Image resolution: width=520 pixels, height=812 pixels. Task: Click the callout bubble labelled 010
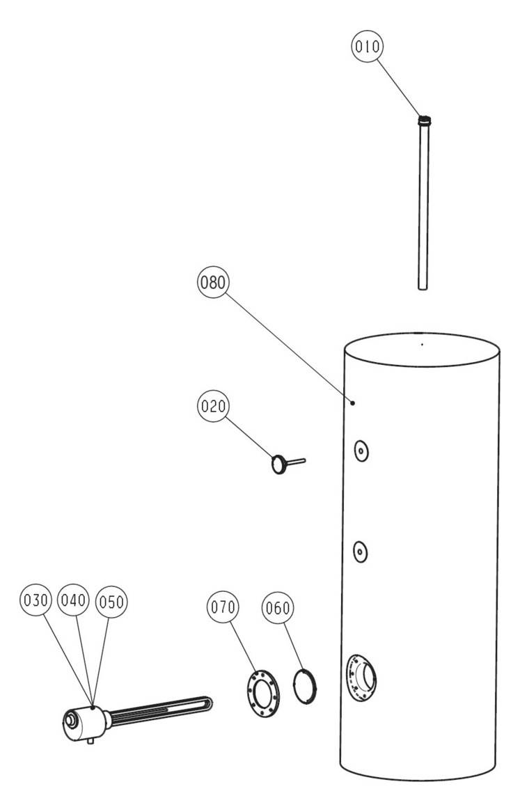[368, 47]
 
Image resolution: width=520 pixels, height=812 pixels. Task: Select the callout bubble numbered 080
[213, 282]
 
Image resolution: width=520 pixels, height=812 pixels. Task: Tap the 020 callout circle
[213, 406]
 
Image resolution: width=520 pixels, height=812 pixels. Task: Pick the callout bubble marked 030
[36, 601]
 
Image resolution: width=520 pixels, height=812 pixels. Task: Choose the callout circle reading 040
[73, 600]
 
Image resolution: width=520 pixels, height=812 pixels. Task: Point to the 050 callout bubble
[111, 602]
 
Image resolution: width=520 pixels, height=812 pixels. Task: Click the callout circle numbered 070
[223, 607]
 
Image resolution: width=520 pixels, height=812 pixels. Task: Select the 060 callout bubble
[277, 607]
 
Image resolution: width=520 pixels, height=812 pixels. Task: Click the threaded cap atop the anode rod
[424, 120]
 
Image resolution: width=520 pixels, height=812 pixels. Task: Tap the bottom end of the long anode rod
[423, 288]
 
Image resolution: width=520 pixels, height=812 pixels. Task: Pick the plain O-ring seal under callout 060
[306, 687]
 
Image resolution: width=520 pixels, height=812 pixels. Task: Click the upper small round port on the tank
[361, 451]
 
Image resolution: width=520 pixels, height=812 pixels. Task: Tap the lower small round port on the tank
[360, 552]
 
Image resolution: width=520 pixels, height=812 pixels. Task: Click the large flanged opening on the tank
[361, 678]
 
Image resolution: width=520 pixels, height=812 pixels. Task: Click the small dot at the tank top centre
[422, 344]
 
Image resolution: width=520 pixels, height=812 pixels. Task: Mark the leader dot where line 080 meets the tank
[353, 403]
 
